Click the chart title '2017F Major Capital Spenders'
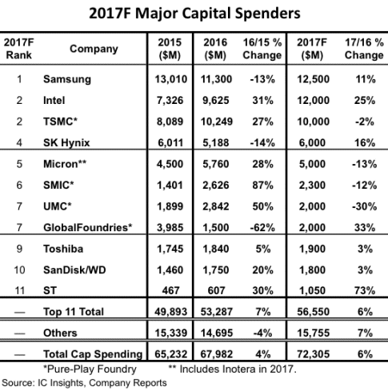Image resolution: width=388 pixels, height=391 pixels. pos(194,14)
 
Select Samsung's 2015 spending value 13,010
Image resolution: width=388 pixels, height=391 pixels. pos(171,79)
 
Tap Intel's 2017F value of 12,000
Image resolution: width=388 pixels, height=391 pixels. pos(313,101)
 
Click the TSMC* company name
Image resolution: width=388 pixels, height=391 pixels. pos(60,122)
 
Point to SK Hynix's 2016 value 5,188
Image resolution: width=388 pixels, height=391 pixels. pos(216,143)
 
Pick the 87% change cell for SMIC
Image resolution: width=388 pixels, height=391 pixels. pos(262,186)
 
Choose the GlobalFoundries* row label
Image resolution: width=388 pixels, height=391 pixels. pos(88,228)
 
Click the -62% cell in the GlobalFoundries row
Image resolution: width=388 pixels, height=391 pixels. pos(262,228)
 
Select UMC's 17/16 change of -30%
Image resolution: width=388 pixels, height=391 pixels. pos(364,206)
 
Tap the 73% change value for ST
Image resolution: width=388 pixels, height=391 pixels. pos(365,290)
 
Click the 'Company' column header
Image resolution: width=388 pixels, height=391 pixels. pos(94,49)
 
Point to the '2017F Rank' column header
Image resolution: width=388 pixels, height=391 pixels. pos(18,49)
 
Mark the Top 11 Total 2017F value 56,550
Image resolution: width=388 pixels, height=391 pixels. pos(313,312)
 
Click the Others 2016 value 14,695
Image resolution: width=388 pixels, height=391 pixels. pos(217,333)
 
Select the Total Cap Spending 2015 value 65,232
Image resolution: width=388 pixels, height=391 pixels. pos(171,354)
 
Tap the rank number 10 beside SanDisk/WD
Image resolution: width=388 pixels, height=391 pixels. pos(19,270)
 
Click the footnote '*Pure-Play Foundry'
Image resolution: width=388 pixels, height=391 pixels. pos(90,369)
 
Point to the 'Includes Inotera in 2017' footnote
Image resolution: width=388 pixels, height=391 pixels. pos(232,369)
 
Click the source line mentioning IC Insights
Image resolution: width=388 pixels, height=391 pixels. pos(84,383)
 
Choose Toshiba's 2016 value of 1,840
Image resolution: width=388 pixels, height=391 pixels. pos(216,249)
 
